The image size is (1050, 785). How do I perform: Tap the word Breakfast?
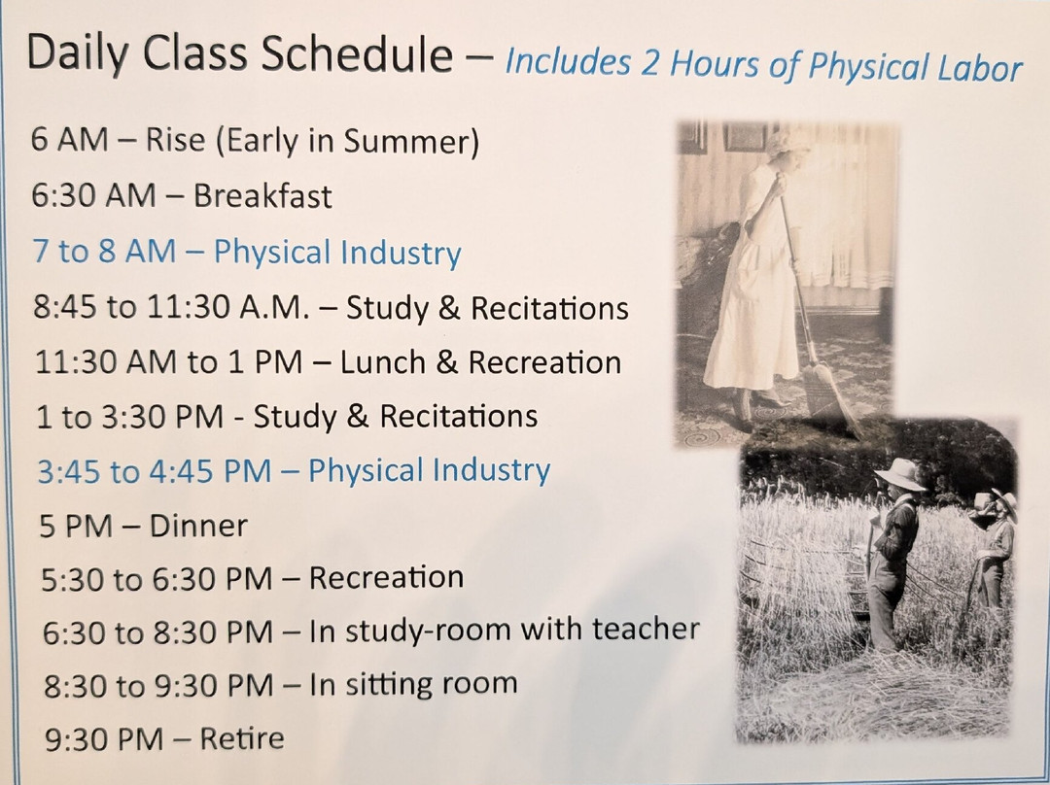pos(262,196)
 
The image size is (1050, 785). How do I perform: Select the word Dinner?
pos(198,526)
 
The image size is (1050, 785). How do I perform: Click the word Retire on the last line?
pos(242,738)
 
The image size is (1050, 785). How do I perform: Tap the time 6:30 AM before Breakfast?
pos(93,196)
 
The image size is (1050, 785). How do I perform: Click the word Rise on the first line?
pos(175,142)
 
